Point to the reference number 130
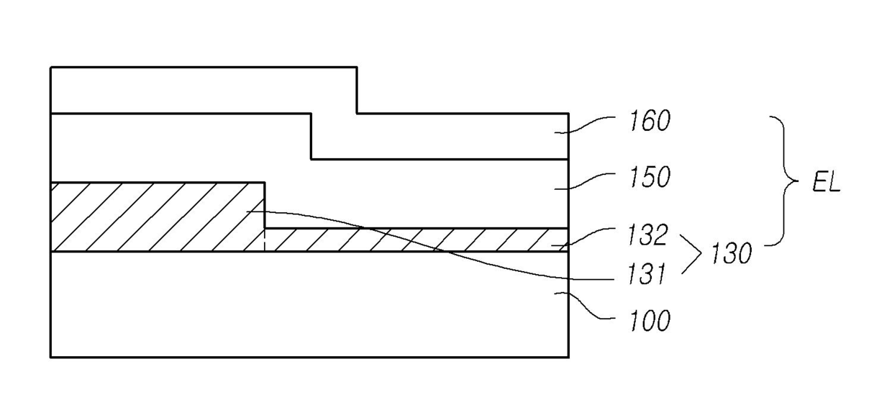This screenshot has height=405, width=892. tap(730, 254)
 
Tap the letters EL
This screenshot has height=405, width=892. tap(826, 183)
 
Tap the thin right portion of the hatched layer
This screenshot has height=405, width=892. tap(417, 240)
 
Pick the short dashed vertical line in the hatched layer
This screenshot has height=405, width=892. tap(265, 240)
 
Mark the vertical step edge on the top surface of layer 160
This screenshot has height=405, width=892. tap(357, 90)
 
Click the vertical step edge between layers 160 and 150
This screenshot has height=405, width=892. tap(311, 136)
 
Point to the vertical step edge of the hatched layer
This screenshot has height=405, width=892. tap(265, 205)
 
